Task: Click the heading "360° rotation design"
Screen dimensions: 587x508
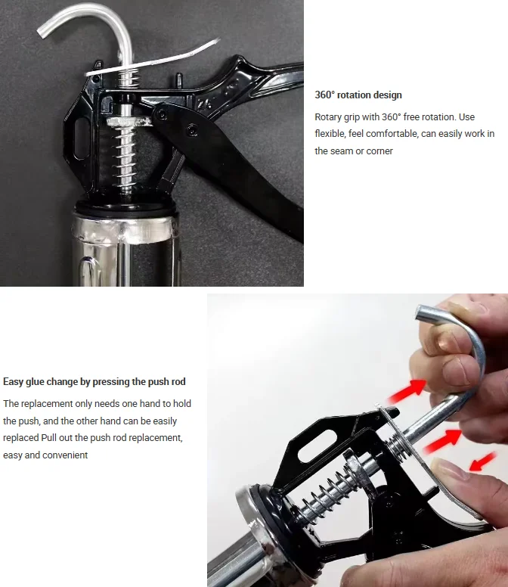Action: pos(358,95)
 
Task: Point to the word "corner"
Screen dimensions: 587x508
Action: pos(379,151)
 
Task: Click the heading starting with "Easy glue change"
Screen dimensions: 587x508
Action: pos(94,382)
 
